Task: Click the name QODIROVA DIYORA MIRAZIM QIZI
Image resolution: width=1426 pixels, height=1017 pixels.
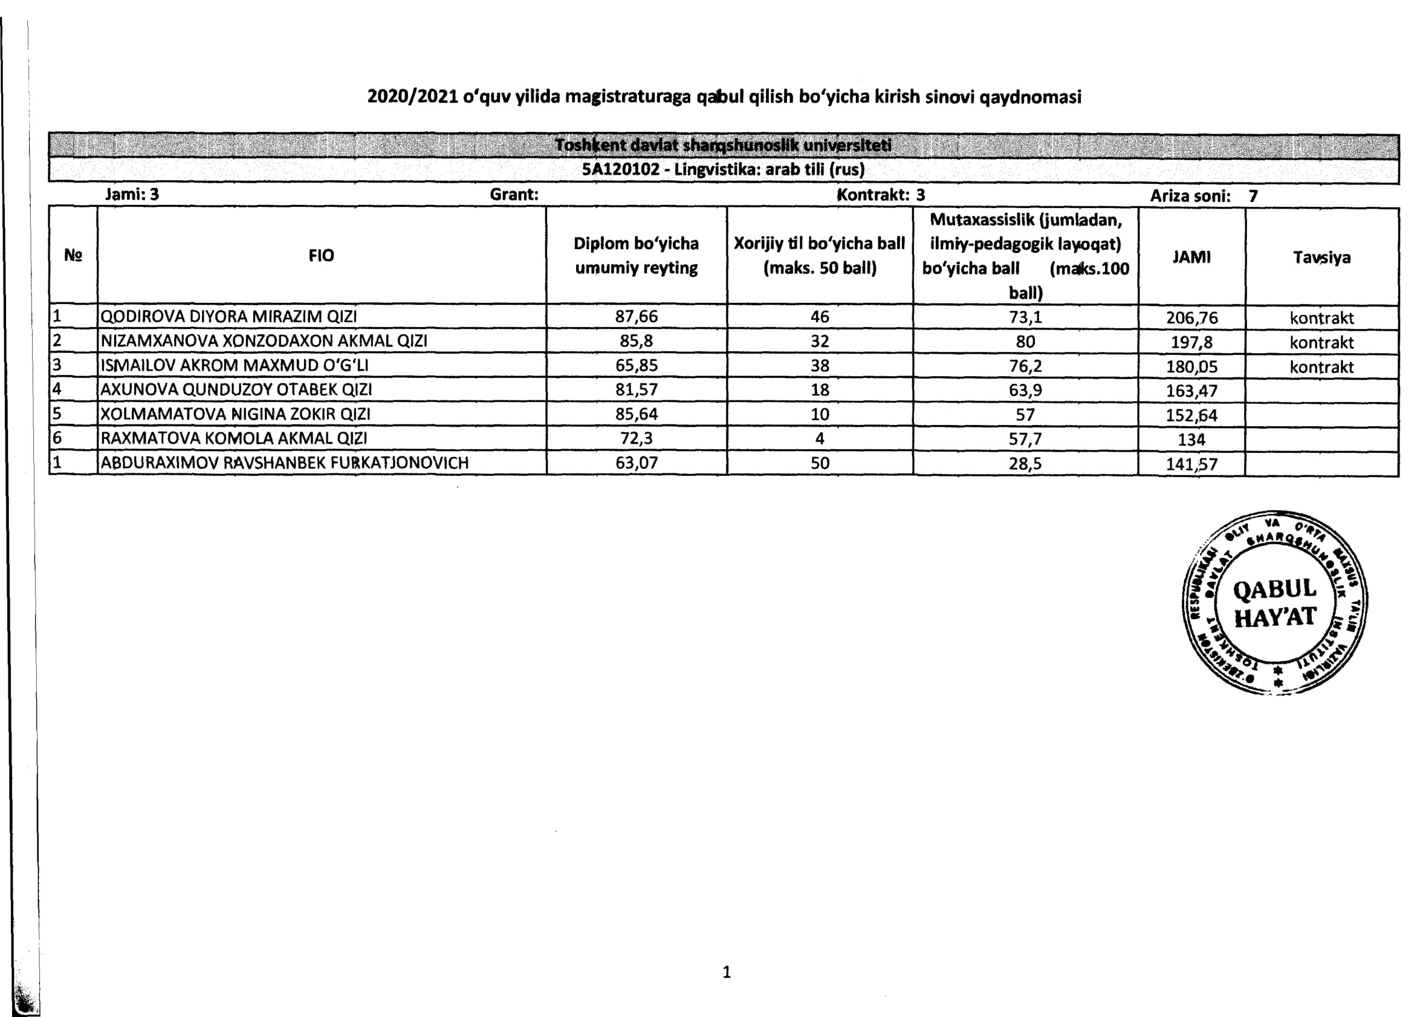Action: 228,316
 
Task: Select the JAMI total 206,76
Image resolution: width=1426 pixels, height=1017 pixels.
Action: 1191,317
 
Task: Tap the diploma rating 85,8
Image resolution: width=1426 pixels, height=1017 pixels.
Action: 636,341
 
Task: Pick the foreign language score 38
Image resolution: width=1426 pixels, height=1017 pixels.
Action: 820,366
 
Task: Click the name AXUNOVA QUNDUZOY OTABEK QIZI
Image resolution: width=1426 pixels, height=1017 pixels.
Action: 236,389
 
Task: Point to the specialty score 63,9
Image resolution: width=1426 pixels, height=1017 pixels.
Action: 1025,390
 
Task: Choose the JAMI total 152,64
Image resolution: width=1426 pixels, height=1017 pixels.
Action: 1191,415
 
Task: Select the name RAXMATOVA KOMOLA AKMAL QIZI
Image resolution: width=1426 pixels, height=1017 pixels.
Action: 233,438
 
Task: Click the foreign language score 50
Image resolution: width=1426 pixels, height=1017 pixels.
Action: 820,463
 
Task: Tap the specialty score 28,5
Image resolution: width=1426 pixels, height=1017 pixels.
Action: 1025,464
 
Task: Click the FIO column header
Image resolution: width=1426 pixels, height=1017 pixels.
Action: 321,256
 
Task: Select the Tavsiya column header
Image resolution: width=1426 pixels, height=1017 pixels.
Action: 1321,258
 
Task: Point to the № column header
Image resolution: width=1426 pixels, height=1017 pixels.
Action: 73,256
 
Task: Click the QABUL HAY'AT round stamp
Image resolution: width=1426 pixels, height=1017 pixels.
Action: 1274,602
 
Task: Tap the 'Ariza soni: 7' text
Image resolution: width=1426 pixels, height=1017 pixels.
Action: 1203,196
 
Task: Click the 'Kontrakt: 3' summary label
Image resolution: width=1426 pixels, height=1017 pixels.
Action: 881,195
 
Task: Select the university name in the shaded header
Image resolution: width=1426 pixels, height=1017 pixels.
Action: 723,145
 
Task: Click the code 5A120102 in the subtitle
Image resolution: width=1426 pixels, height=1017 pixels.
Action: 620,170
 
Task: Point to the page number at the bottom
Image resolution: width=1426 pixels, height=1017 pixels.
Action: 726,972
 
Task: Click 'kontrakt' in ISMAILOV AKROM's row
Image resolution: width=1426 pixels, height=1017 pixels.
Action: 1321,367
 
